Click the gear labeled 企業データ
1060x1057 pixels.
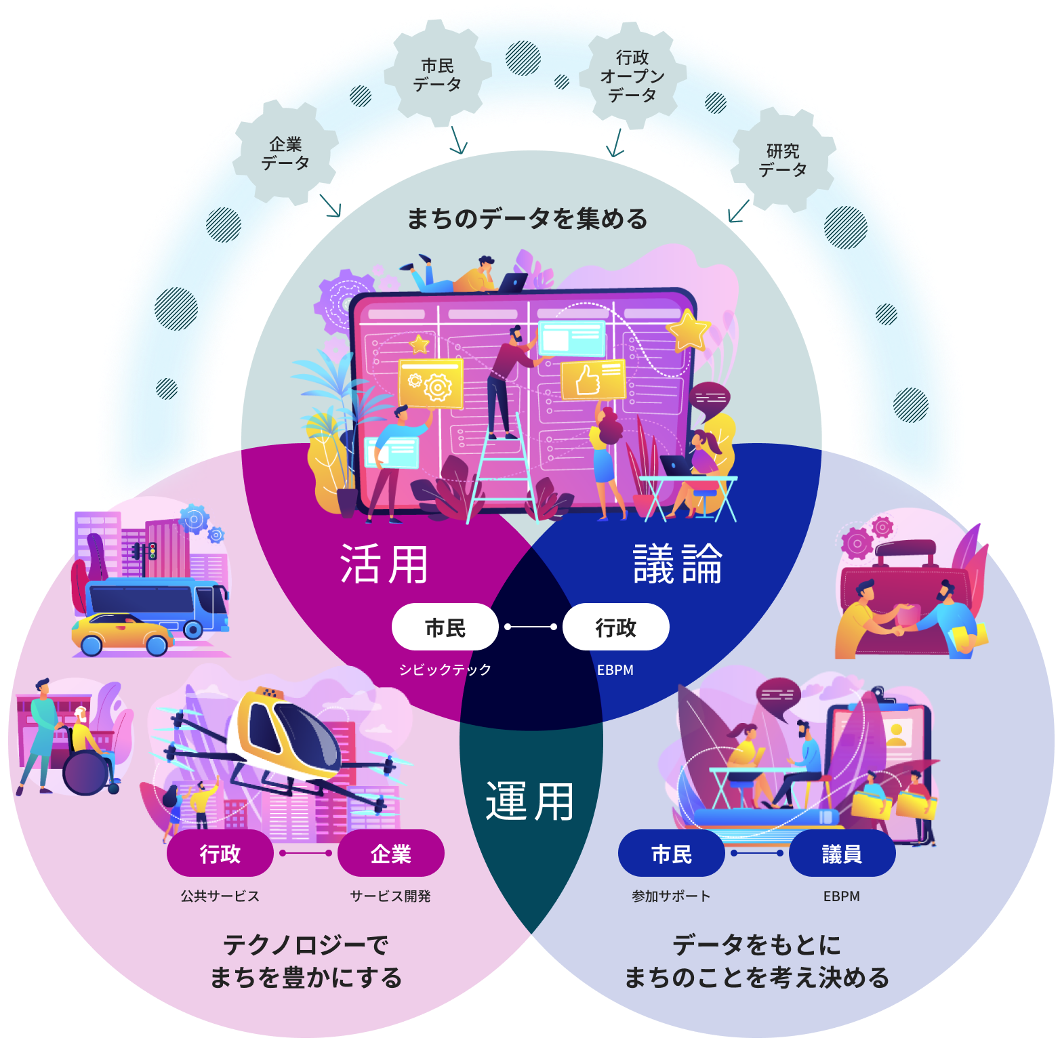285,153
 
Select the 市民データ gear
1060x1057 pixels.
437,75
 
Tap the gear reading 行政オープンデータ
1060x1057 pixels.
632,76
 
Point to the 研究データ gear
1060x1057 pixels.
783,160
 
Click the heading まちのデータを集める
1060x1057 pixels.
527,219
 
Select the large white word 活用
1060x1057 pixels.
384,564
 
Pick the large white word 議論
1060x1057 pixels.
678,564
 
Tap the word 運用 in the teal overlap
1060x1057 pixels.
530,801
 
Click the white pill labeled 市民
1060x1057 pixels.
445,627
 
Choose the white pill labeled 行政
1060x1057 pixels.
615,627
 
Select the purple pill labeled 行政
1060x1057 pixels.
220,854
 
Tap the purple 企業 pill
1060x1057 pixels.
390,854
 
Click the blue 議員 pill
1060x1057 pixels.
842,854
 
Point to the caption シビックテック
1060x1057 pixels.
445,669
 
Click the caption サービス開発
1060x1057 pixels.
390,896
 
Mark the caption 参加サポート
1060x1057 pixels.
671,896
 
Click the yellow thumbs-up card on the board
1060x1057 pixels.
592,379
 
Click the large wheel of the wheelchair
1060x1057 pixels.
85,772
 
